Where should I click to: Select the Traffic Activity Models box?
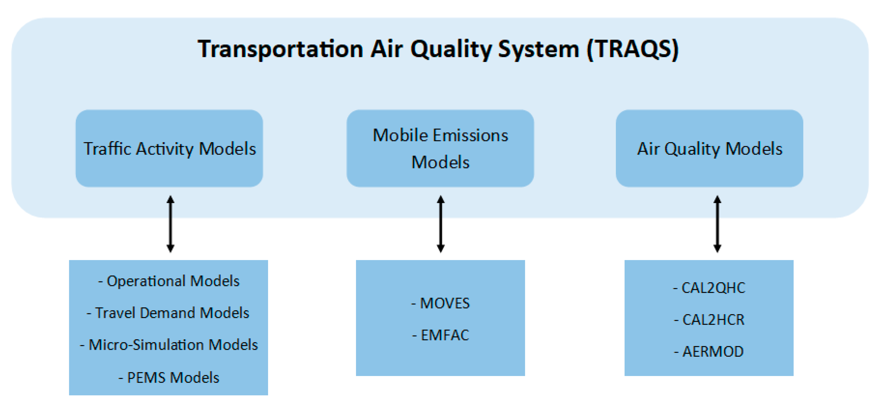(169, 148)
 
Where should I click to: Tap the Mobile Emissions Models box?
(440, 148)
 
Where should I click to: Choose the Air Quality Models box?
(709, 148)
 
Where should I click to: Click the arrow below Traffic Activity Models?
(171, 224)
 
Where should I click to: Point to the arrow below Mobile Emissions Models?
(441, 224)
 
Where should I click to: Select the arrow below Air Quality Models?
(718, 224)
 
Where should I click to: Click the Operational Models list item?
(169, 281)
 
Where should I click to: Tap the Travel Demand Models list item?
(168, 313)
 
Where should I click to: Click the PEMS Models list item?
(169, 377)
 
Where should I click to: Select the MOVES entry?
(441, 303)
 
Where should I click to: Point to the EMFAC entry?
(441, 335)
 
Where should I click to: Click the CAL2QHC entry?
(709, 288)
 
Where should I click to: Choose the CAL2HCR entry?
(709, 320)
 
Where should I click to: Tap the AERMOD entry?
(709, 351)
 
